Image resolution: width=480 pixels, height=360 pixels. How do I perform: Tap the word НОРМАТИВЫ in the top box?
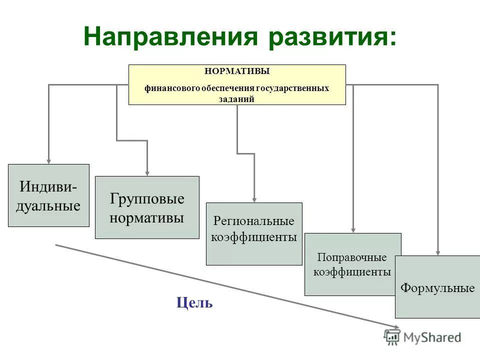[x=237, y=71]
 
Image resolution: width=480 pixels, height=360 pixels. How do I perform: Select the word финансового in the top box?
[x=171, y=88]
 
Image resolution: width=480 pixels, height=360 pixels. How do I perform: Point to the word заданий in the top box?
[x=237, y=98]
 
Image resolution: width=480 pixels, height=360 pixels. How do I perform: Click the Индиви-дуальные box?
[x=48, y=195]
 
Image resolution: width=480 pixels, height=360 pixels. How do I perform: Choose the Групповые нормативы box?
[x=147, y=207]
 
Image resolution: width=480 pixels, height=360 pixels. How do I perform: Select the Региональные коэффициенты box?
[x=254, y=233]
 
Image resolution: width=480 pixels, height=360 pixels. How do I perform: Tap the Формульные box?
[x=437, y=286]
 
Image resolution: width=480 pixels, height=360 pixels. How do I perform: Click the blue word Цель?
[x=194, y=302]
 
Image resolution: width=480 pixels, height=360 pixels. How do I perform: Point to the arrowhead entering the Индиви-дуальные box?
[x=48, y=160]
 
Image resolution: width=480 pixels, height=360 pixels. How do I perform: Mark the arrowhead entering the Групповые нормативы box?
[x=147, y=172]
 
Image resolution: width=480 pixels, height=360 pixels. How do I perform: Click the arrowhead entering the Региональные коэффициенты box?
[x=254, y=199]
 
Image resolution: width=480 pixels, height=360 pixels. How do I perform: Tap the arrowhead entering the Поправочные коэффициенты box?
[x=353, y=229]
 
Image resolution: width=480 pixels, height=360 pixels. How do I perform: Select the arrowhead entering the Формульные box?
[x=438, y=252]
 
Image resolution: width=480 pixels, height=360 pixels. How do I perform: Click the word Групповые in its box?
[x=147, y=199]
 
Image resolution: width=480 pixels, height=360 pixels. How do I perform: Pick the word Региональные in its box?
[x=254, y=220]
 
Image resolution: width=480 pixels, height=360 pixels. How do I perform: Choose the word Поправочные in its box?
[x=352, y=258]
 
